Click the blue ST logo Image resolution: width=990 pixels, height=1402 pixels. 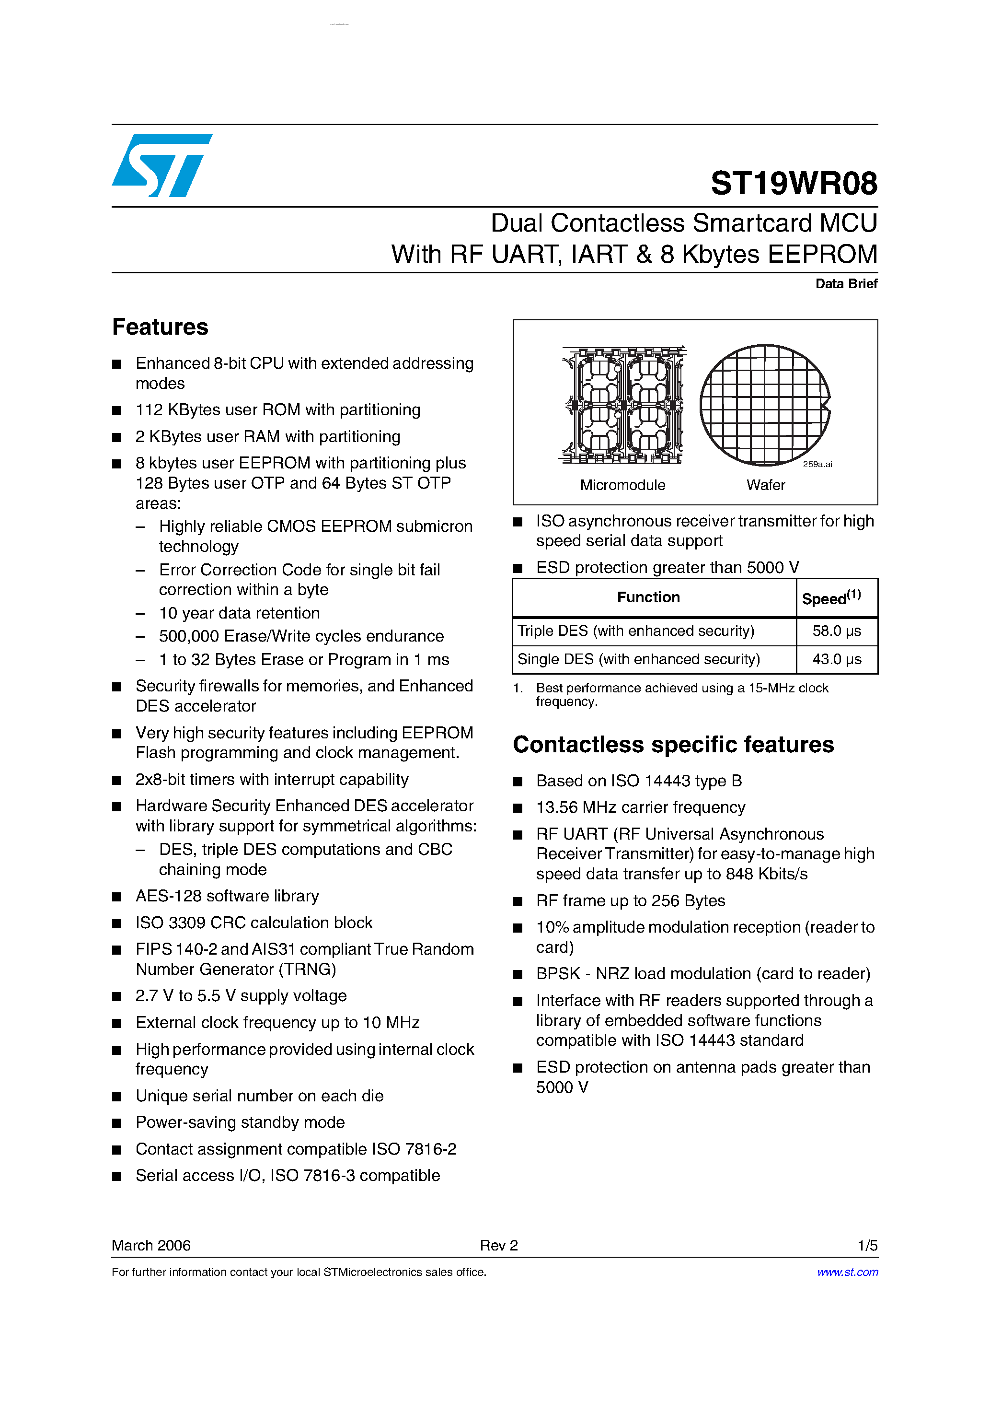(x=162, y=165)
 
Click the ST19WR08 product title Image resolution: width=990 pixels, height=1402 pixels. (x=794, y=183)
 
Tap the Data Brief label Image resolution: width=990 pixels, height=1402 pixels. (x=846, y=283)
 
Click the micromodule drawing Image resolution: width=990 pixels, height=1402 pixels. (x=622, y=404)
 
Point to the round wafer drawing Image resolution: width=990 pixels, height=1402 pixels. (x=765, y=404)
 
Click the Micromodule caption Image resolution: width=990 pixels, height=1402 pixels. (x=622, y=485)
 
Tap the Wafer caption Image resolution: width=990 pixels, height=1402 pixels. (x=765, y=485)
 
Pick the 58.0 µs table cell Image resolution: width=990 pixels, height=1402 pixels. (x=836, y=631)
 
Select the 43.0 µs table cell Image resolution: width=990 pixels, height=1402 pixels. (x=836, y=659)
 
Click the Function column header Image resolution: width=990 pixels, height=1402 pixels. (x=648, y=597)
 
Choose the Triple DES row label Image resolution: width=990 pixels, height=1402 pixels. (x=635, y=631)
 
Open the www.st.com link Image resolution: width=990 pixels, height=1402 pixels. (x=847, y=1272)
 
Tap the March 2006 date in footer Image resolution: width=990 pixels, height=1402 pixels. (x=151, y=1245)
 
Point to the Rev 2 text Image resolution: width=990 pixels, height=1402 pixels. (x=499, y=1245)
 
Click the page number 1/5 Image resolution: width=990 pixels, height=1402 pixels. (x=867, y=1245)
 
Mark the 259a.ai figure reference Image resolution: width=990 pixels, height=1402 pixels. (x=817, y=464)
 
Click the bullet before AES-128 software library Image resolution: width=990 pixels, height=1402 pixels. (x=117, y=897)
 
